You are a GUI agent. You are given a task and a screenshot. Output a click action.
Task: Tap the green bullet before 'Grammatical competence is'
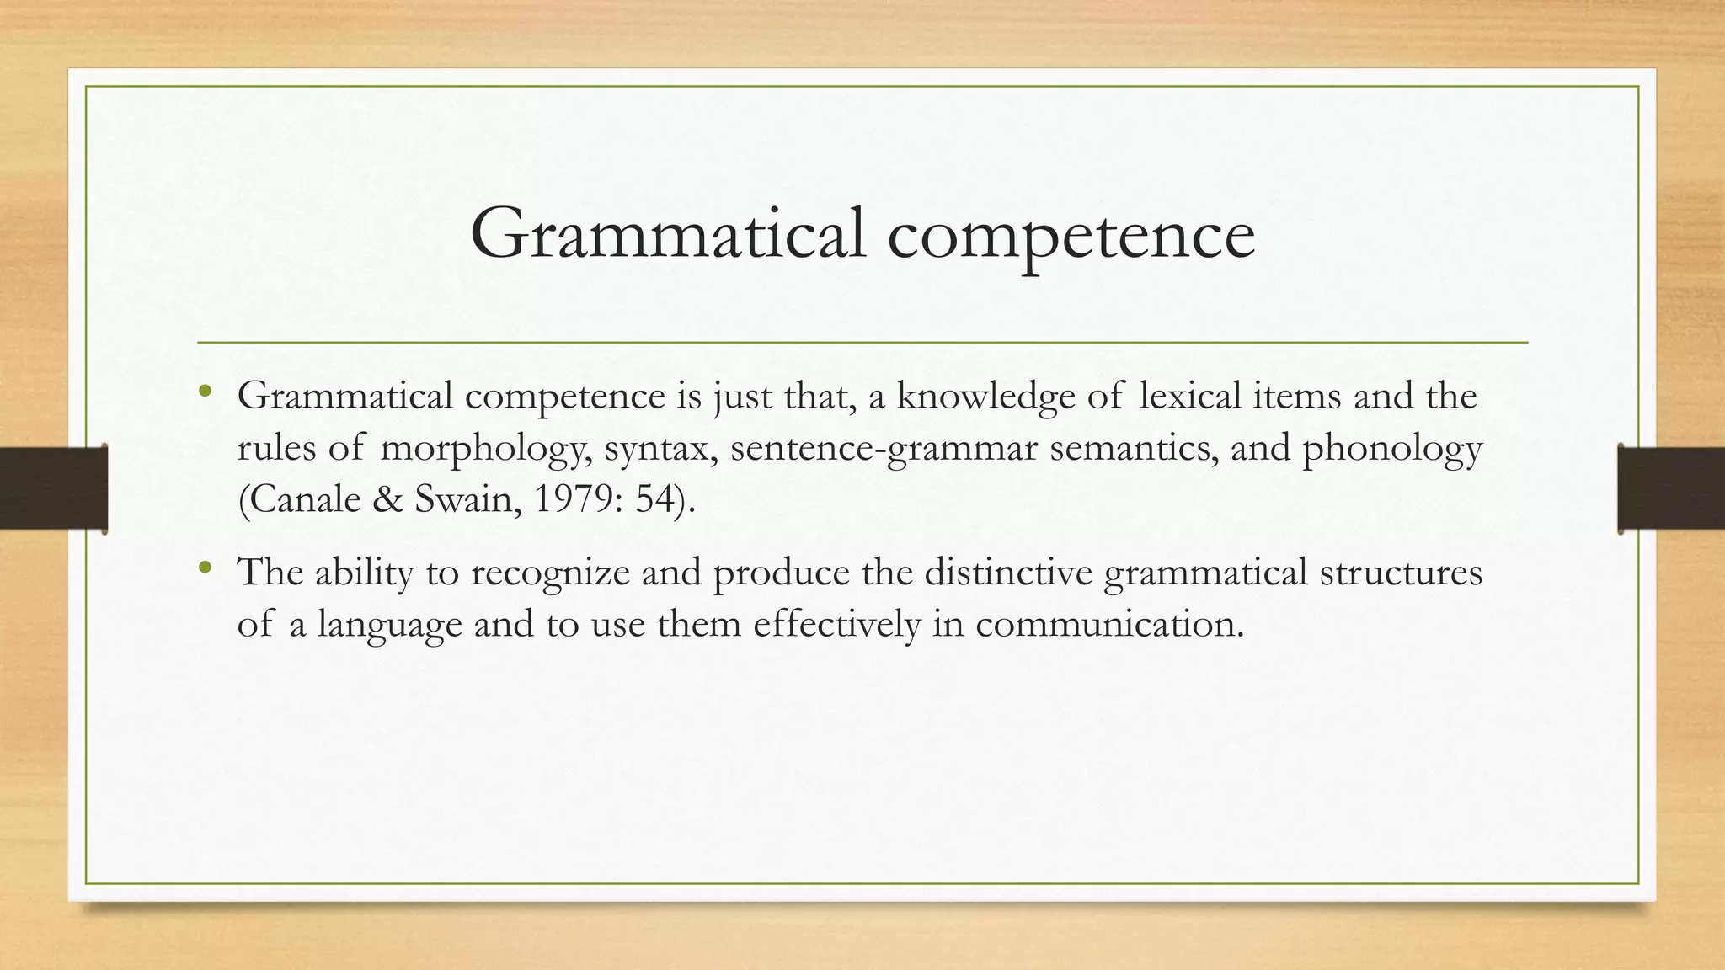pos(205,391)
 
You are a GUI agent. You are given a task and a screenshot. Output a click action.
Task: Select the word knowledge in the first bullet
pos(985,396)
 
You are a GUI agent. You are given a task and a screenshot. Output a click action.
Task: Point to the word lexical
pos(1189,396)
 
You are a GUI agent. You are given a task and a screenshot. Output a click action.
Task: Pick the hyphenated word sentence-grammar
pos(884,449)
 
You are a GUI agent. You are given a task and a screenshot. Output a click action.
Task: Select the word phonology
pos(1392,449)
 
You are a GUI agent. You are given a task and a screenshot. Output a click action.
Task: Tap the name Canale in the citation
pos(300,499)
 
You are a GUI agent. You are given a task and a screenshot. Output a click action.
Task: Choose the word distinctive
pos(1007,573)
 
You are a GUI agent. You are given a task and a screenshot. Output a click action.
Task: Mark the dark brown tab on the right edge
pos(1671,489)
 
